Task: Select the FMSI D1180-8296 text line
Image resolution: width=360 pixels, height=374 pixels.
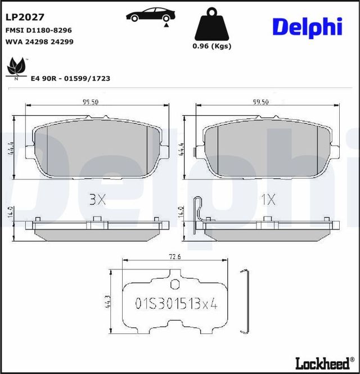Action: pos(38,30)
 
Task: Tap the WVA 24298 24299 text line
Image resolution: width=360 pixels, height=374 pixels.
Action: pos(39,42)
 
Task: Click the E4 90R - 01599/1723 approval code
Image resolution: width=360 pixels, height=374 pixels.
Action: pos(71,79)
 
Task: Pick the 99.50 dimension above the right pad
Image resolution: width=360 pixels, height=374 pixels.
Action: pos(261,102)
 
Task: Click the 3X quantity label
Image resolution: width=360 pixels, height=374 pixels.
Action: pos(98,199)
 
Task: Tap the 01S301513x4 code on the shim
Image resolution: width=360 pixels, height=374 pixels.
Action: pos(175,304)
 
